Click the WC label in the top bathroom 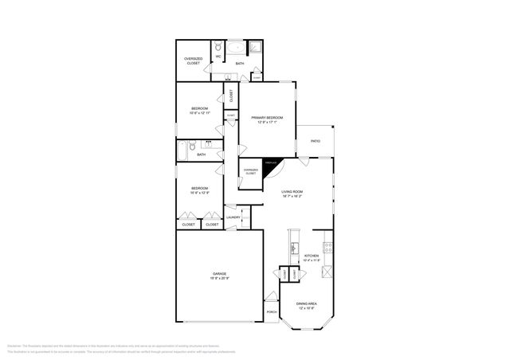tap(218, 56)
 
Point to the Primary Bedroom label tap(267, 117)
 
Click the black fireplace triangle tap(273, 163)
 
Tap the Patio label tap(316, 141)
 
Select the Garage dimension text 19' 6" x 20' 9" tap(220, 278)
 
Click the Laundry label tap(233, 217)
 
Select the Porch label tap(272, 311)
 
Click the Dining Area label tap(306, 304)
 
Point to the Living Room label tap(292, 192)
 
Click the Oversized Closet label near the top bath tap(193, 61)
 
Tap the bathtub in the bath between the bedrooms tap(182, 147)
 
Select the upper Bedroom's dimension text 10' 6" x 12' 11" tap(199, 113)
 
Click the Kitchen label tap(311, 256)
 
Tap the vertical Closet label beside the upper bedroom tap(232, 96)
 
